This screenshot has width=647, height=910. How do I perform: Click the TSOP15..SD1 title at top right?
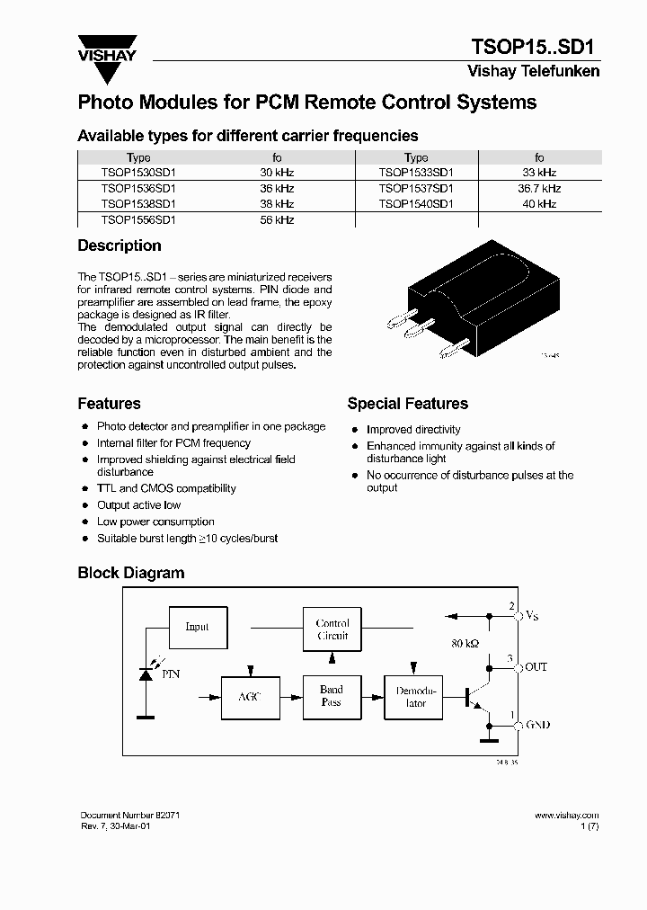(x=536, y=48)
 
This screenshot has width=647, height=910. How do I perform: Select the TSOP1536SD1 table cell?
(x=138, y=189)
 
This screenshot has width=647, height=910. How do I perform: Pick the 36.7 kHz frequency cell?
(x=539, y=189)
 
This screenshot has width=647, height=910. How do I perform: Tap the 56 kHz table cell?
(x=277, y=219)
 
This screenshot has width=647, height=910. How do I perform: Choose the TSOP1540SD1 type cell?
(x=416, y=204)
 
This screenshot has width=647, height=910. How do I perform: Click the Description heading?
(x=120, y=245)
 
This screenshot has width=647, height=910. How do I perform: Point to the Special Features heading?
(x=407, y=404)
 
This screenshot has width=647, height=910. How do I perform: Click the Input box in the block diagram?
(x=197, y=627)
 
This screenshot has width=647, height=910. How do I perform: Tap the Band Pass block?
(x=332, y=697)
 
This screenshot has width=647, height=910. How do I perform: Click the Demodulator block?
(x=416, y=697)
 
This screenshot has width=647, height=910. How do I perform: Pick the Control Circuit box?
(x=332, y=629)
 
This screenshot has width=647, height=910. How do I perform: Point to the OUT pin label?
(x=536, y=667)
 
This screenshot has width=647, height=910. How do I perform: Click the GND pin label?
(x=536, y=725)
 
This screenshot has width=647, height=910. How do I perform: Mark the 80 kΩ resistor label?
(x=465, y=644)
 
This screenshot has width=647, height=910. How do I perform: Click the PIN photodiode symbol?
(x=146, y=674)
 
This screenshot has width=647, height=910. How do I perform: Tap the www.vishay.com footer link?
(x=566, y=815)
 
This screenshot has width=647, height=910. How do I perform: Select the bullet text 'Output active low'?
(x=139, y=505)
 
